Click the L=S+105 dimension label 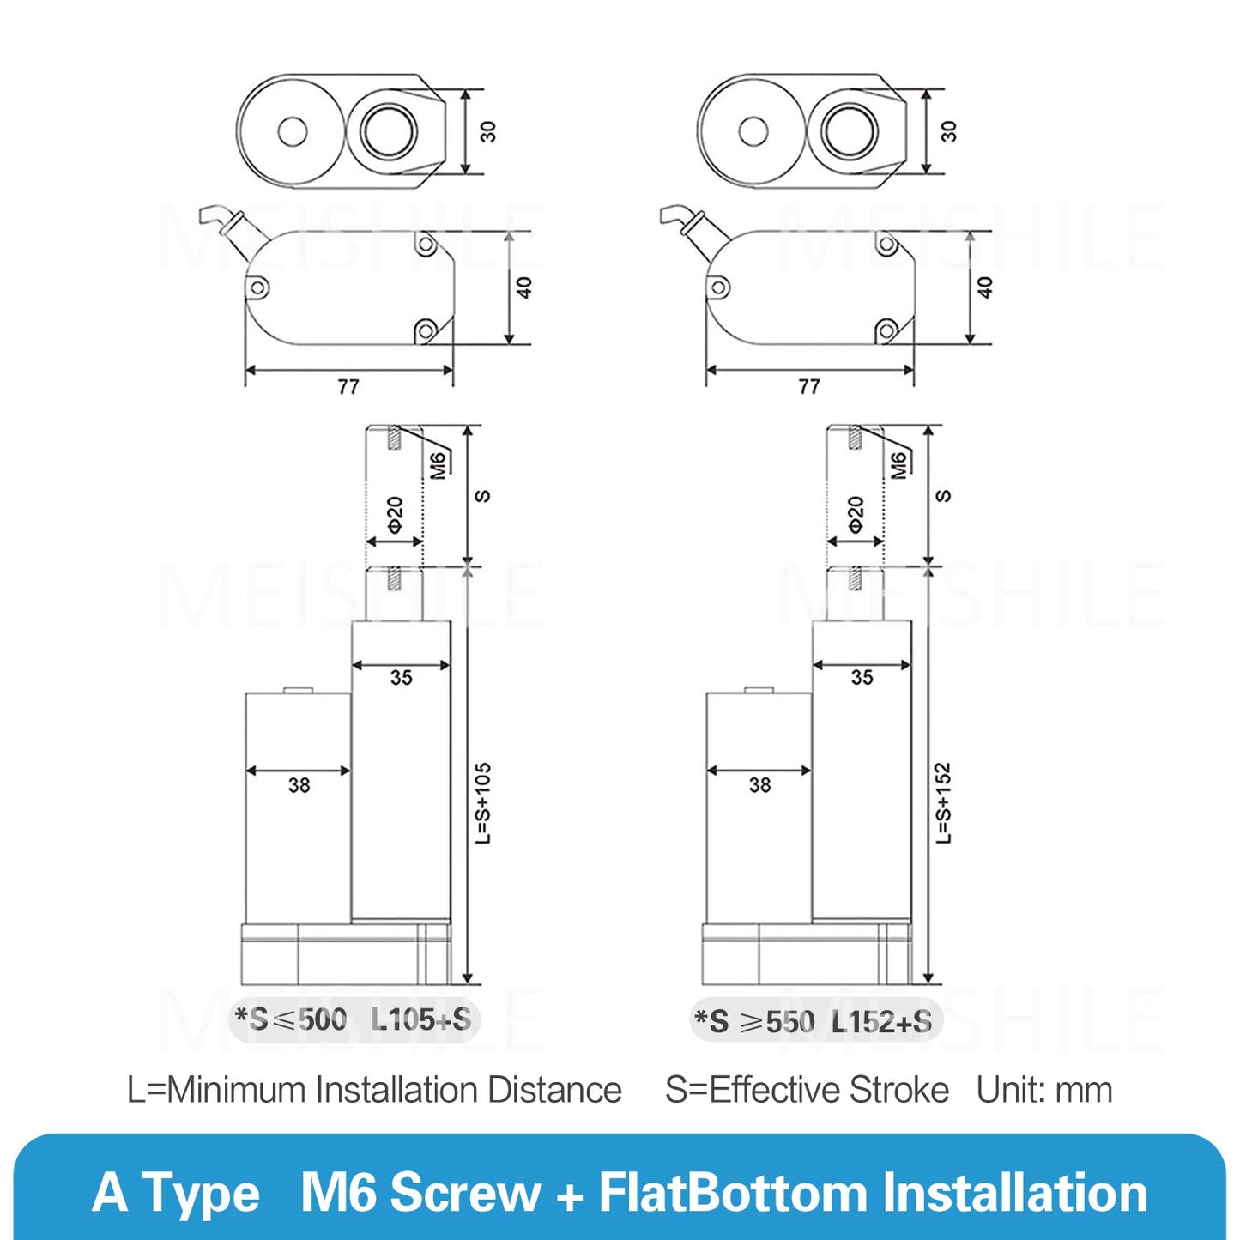[483, 802]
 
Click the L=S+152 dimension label [943, 802]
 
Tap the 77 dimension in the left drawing [348, 387]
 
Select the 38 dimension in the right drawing [759, 784]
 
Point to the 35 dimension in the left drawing [401, 677]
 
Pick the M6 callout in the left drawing [439, 464]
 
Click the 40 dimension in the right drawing [984, 287]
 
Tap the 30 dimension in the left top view [487, 131]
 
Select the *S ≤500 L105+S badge [354, 1019]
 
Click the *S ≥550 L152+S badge [814, 1021]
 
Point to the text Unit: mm [1044, 1090]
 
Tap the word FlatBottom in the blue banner [734, 1193]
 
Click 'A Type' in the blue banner [176, 1193]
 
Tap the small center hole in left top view [293, 132]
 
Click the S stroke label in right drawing [943, 496]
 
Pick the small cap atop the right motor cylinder [759, 689]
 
